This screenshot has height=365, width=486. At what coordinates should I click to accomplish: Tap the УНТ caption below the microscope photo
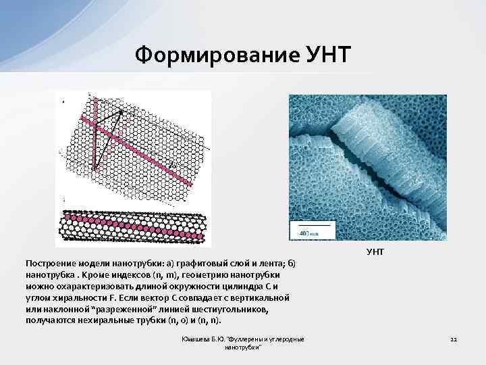tap(375, 251)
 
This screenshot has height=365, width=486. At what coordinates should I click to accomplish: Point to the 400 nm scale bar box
tap(310, 230)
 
